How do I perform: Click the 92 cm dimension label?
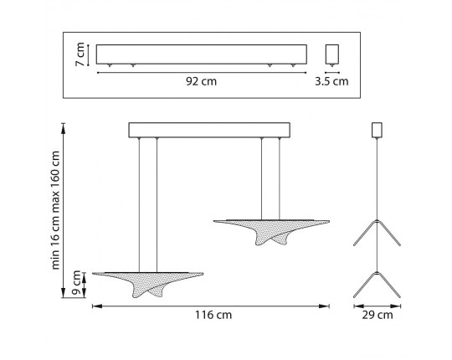(x=201, y=81)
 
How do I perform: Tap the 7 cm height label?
(x=80, y=54)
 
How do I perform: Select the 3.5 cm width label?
(x=331, y=81)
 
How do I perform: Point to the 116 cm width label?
(x=213, y=315)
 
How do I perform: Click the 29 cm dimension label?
(x=378, y=315)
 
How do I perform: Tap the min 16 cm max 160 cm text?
(x=55, y=210)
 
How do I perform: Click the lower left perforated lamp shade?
(x=148, y=284)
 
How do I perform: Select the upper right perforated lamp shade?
(x=271, y=232)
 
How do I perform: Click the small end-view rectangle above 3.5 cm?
(x=332, y=54)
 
